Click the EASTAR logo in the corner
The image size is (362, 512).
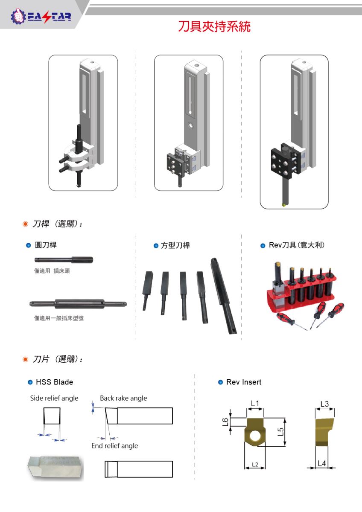click(x=41, y=16)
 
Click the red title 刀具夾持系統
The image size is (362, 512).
click(x=214, y=26)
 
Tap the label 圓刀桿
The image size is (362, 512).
click(x=46, y=245)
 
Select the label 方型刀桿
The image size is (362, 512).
click(x=175, y=245)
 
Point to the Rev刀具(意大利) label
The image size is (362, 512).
click(x=297, y=245)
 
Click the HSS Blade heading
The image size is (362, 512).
click(x=54, y=382)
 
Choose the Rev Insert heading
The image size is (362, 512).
click(x=244, y=382)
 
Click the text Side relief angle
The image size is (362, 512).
click(x=54, y=398)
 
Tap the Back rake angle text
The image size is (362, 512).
click(x=123, y=398)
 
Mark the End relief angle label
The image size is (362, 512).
click(x=115, y=446)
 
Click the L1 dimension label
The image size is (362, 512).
click(x=255, y=403)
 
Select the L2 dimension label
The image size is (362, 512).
click(x=255, y=465)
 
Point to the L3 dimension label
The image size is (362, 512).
click(x=324, y=404)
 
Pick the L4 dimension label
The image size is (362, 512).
click(x=322, y=463)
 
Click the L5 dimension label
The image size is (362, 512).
click(x=281, y=432)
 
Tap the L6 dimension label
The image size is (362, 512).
click(x=225, y=422)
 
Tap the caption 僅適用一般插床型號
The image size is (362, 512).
click(x=59, y=318)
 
